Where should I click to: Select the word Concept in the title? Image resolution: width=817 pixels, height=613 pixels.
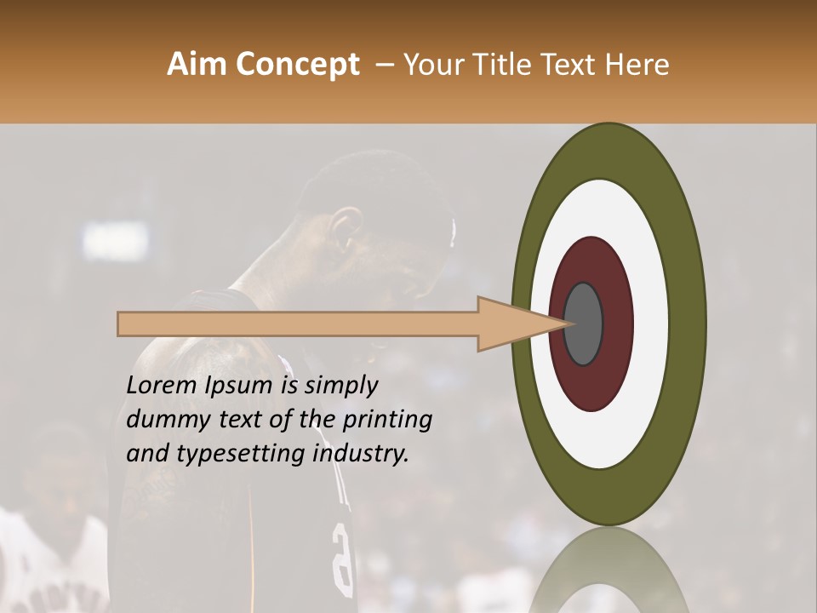click(x=298, y=65)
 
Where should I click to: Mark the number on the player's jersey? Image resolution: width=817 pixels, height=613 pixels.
click(x=341, y=558)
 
